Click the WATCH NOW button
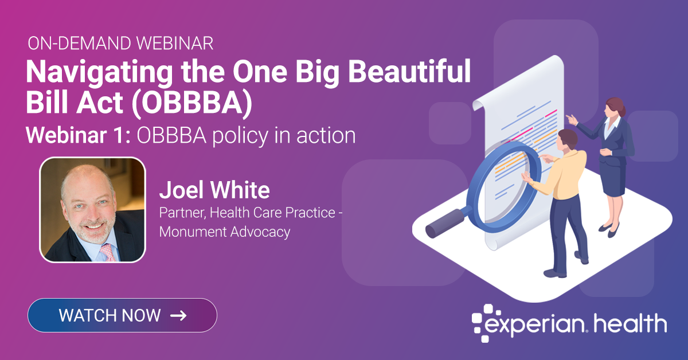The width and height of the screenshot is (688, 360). (122, 315)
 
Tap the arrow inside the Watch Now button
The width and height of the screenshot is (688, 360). (178, 315)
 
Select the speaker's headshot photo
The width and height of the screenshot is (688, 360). (92, 210)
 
